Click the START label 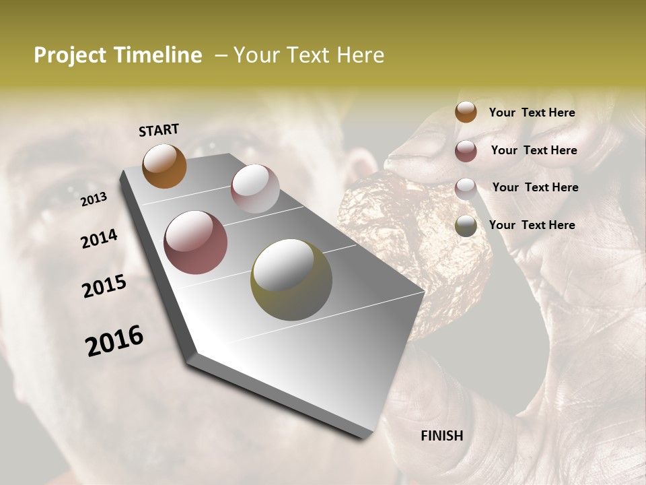tap(159, 130)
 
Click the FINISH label tap(441, 436)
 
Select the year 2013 tap(94, 199)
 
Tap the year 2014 tap(99, 239)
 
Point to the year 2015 tap(104, 286)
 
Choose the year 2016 tap(114, 341)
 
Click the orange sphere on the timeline tap(164, 166)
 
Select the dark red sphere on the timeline tap(196, 243)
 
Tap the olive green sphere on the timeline tap(291, 280)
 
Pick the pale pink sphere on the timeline tap(255, 189)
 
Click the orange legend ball tap(466, 112)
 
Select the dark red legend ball tap(466, 151)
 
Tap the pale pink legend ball tap(466, 188)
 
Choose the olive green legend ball tap(466, 226)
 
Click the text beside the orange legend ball tap(532, 112)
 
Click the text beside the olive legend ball tap(532, 225)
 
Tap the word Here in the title tap(360, 55)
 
